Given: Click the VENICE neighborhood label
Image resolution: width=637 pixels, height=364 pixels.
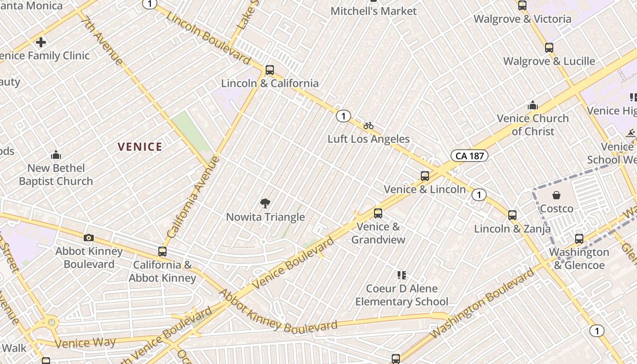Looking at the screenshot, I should [x=140, y=147].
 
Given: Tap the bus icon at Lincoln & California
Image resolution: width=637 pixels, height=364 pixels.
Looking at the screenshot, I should [x=270, y=70].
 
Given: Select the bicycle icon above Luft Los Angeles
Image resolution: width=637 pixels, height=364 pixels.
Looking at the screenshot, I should [x=369, y=126].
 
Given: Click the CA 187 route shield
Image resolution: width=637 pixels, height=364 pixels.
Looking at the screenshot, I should [x=470, y=156].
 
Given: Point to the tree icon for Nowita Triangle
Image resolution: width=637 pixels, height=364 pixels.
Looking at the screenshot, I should [x=265, y=203].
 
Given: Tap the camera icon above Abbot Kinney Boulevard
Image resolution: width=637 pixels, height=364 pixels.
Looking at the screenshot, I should [x=89, y=238].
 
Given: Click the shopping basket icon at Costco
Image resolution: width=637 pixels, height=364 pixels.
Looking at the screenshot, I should [x=556, y=195].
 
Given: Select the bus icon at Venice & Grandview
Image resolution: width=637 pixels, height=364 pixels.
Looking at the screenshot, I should [x=378, y=213].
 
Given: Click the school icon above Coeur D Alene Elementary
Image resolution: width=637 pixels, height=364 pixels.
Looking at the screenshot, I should [x=401, y=275].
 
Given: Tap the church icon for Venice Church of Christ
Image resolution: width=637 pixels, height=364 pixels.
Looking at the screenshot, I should [x=533, y=106].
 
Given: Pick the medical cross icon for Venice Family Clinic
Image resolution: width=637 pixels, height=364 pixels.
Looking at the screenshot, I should [x=41, y=43].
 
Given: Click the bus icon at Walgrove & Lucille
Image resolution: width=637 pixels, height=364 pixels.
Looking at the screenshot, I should [x=549, y=47].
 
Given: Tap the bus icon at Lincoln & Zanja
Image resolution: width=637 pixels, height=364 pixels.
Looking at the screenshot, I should [x=512, y=215].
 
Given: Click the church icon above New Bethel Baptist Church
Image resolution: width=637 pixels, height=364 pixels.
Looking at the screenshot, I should [x=56, y=155].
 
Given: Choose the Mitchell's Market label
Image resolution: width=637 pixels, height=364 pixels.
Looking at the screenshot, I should [x=373, y=11].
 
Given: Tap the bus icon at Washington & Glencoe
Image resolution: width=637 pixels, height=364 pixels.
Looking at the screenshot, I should [x=579, y=238].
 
